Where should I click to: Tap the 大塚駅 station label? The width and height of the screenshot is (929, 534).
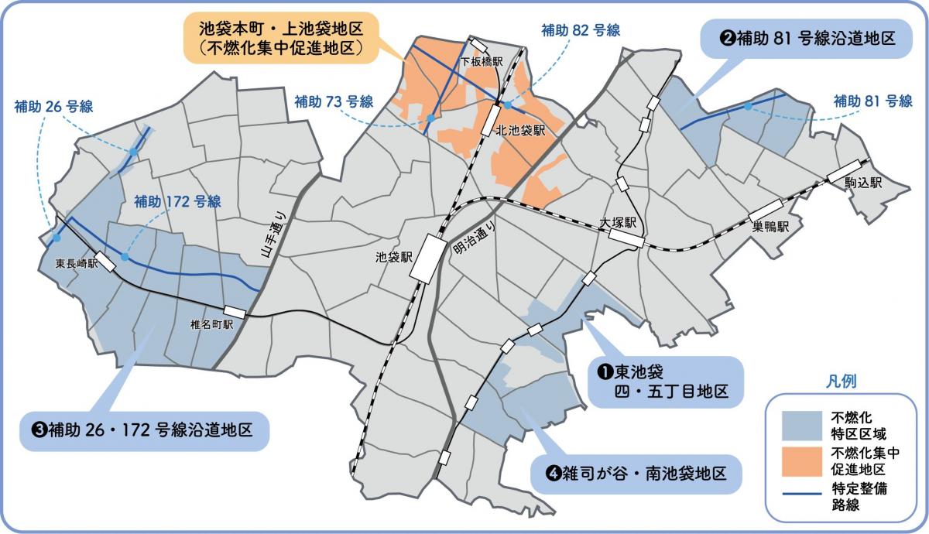[618, 221]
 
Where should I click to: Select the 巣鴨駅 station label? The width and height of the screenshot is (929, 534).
[770, 227]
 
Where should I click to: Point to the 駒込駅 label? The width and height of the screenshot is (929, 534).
[866, 183]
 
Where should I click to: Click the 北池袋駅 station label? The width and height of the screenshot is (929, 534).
[520, 130]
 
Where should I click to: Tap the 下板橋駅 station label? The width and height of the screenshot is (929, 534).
[481, 60]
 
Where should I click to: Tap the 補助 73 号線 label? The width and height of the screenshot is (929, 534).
[334, 101]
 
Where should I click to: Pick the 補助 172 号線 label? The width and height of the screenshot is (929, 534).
[177, 202]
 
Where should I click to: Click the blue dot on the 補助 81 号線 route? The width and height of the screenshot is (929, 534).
[748, 106]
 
